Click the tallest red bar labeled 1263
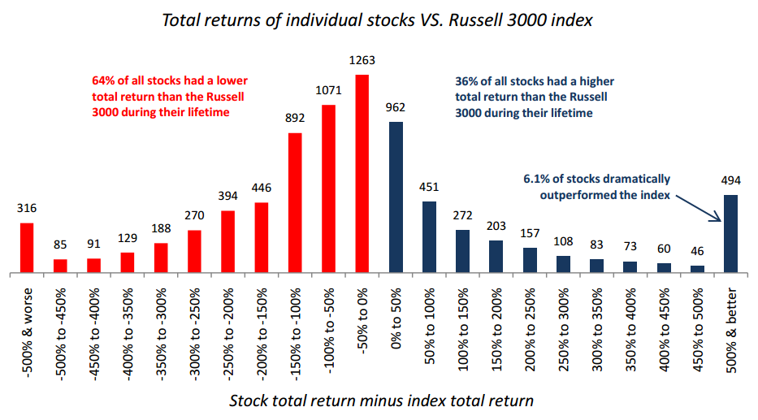tap(362, 174)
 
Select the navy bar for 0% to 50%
tap(396, 197)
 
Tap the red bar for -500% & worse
tap(27, 248)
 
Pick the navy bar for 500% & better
tap(730, 234)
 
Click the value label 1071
tap(329, 90)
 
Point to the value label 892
tap(295, 118)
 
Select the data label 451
tap(429, 187)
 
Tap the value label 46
tap(697, 251)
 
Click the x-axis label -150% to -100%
tap(295, 332)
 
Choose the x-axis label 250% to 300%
tap(563, 330)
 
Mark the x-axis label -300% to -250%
tap(194, 335)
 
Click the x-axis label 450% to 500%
tap(697, 330)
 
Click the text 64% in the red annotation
tap(102, 80)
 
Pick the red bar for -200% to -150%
tap(262, 238)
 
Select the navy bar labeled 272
tap(462, 252)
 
